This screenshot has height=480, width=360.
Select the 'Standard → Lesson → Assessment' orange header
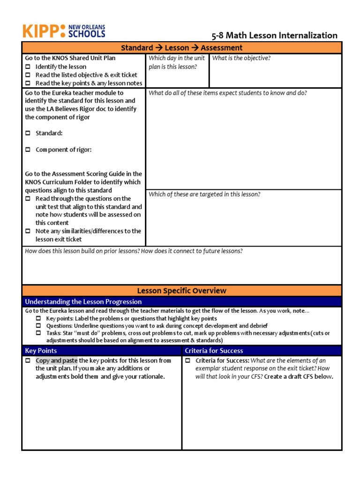181,48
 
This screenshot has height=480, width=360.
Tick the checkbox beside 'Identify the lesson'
28,67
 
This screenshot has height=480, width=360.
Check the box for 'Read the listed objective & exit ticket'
28,75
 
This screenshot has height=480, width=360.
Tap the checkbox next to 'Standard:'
28,134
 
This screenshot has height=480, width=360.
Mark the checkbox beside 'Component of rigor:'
28,150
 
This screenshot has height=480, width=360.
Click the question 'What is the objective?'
241,58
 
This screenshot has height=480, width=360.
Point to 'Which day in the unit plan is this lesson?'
176,62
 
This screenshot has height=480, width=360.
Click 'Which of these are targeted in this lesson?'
204,194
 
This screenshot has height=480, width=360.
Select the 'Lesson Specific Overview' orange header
181,291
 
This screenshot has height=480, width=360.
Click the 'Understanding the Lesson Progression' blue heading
83,301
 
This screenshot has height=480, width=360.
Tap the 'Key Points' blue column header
41,351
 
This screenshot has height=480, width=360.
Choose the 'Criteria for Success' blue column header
214,351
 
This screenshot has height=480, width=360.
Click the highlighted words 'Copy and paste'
57,360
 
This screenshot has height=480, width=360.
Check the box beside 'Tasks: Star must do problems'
39,333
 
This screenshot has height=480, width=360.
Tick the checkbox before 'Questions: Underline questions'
39,326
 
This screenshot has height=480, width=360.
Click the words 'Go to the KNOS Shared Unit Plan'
70,58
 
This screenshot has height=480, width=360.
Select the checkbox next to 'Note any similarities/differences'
28,231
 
